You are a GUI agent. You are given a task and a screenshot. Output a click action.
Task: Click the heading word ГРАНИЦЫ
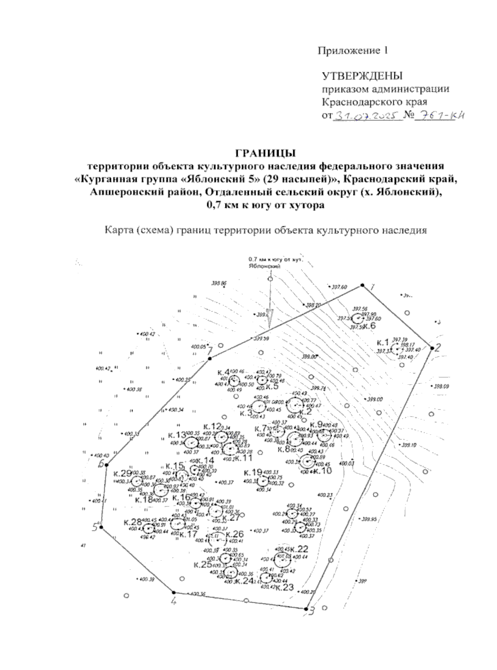tap(265, 153)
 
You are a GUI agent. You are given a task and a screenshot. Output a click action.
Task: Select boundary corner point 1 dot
tap(362, 285)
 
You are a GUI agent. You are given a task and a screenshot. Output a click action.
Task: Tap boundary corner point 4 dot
tap(174, 592)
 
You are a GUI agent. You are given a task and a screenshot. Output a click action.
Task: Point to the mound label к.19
tap(253, 472)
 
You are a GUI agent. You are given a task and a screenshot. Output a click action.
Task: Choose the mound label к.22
tap(299, 549)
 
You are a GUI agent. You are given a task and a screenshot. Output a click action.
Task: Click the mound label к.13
tap(177, 435)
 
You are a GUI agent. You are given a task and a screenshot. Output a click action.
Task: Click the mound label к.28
tap(133, 522)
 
